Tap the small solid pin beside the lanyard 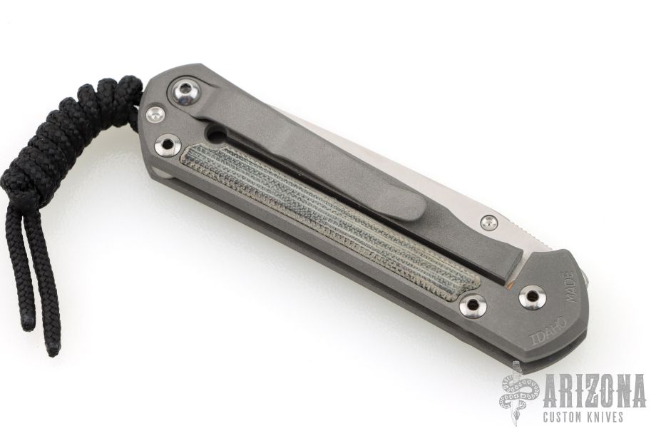(155, 114)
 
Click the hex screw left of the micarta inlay (168, 144)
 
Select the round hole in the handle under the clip (216, 136)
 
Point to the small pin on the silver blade (488, 220)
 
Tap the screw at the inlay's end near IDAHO (471, 304)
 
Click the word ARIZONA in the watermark (595, 392)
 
